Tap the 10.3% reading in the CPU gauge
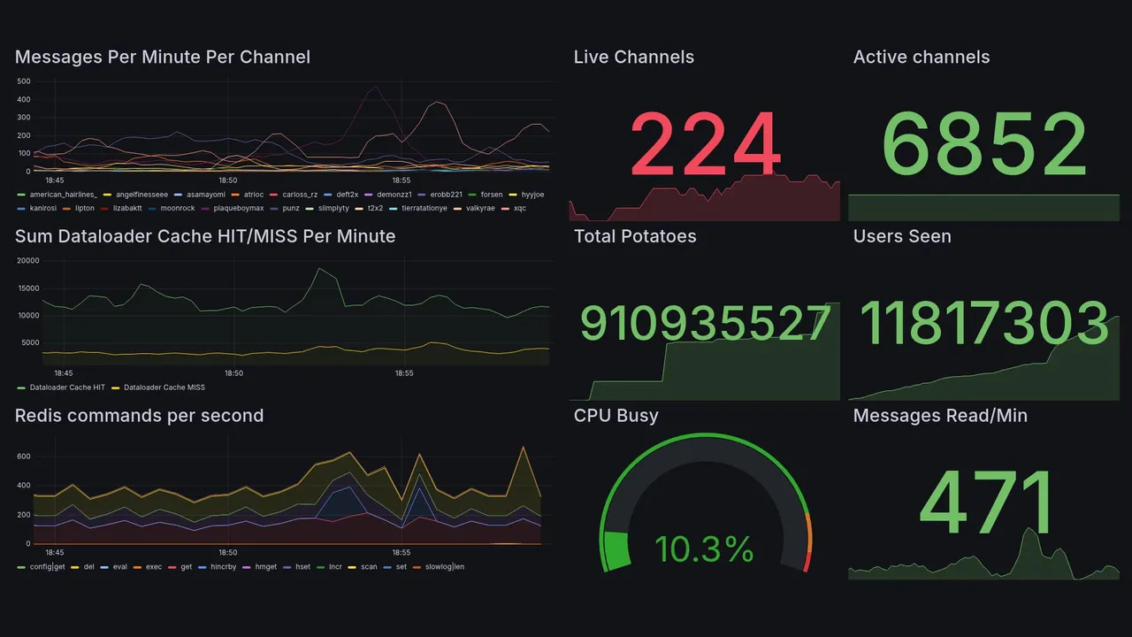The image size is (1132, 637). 704,549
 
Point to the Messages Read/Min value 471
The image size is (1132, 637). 987,503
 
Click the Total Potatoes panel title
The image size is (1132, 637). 635,236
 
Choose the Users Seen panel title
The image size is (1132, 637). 902,236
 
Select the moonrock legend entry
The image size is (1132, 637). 177,208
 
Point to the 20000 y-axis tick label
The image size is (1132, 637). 28,261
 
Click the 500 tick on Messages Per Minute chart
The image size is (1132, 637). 24,81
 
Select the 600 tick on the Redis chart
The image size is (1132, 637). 24,457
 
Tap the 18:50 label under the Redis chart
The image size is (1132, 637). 229,552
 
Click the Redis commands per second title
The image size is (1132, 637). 139,416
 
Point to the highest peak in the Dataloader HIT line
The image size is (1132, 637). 320,268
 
